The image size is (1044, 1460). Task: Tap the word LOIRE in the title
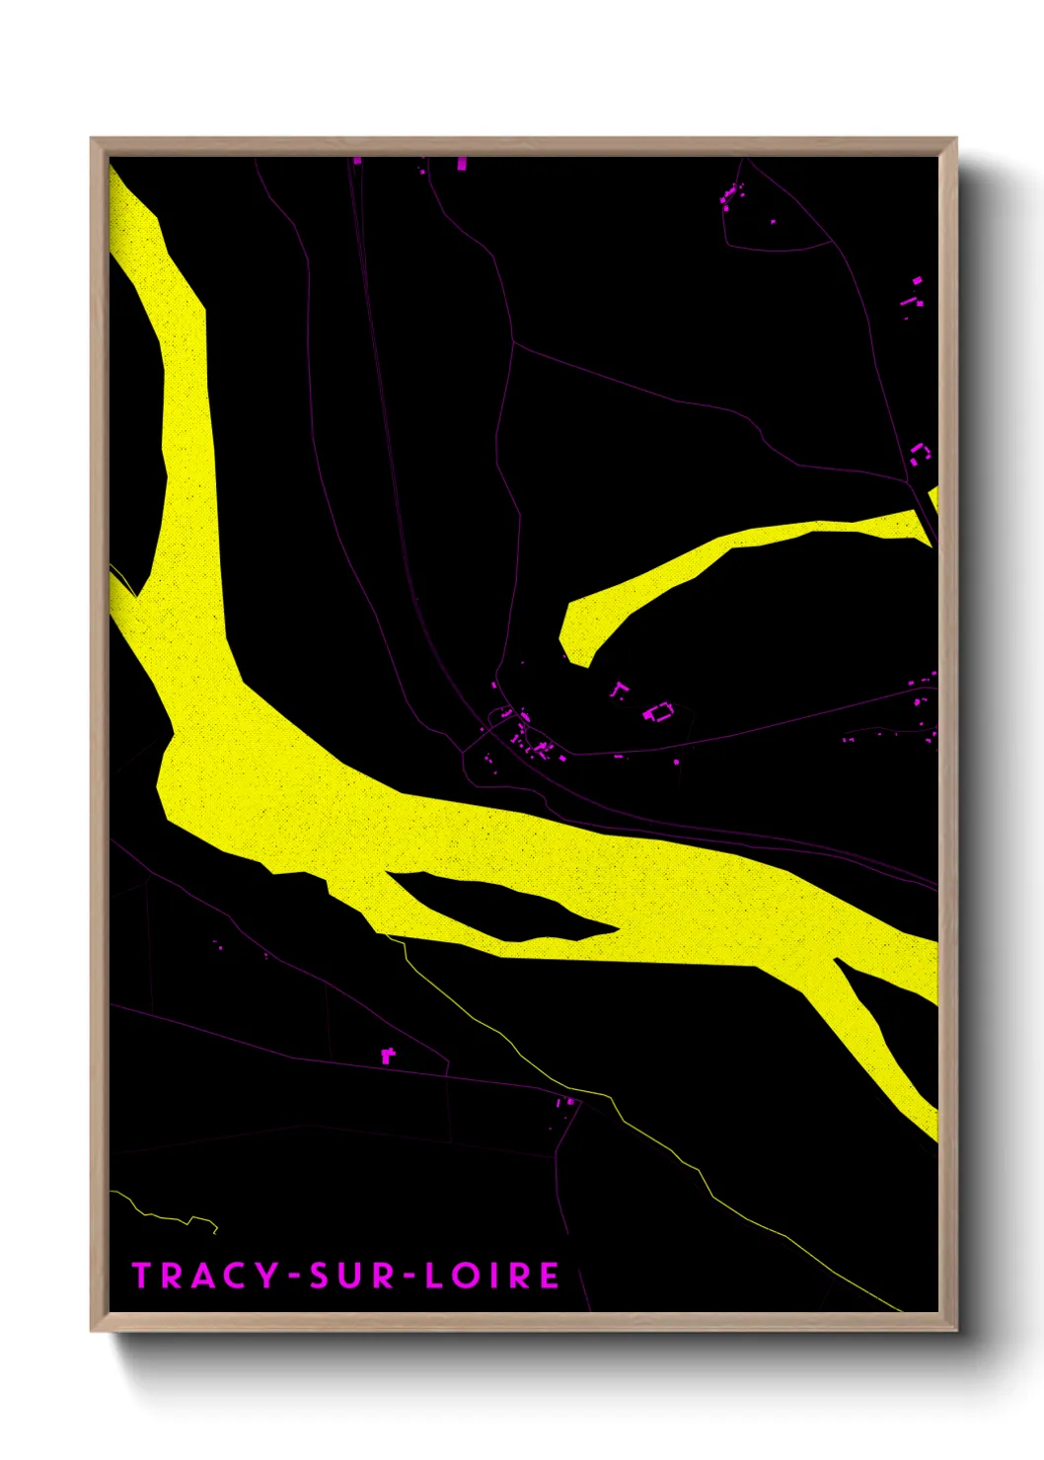pyautogui.click(x=492, y=1276)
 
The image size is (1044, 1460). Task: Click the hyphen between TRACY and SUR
pyautogui.click(x=294, y=1277)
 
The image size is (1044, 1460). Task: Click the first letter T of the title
pyautogui.click(x=141, y=1276)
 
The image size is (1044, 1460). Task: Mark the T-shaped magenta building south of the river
pyautogui.click(x=388, y=1056)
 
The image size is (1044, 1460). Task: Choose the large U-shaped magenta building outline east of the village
pyautogui.click(x=658, y=711)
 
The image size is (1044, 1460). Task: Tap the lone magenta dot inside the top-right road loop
pyautogui.click(x=773, y=222)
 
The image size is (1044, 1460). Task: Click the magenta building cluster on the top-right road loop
pyautogui.click(x=730, y=196)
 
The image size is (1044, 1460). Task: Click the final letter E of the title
pyautogui.click(x=550, y=1276)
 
